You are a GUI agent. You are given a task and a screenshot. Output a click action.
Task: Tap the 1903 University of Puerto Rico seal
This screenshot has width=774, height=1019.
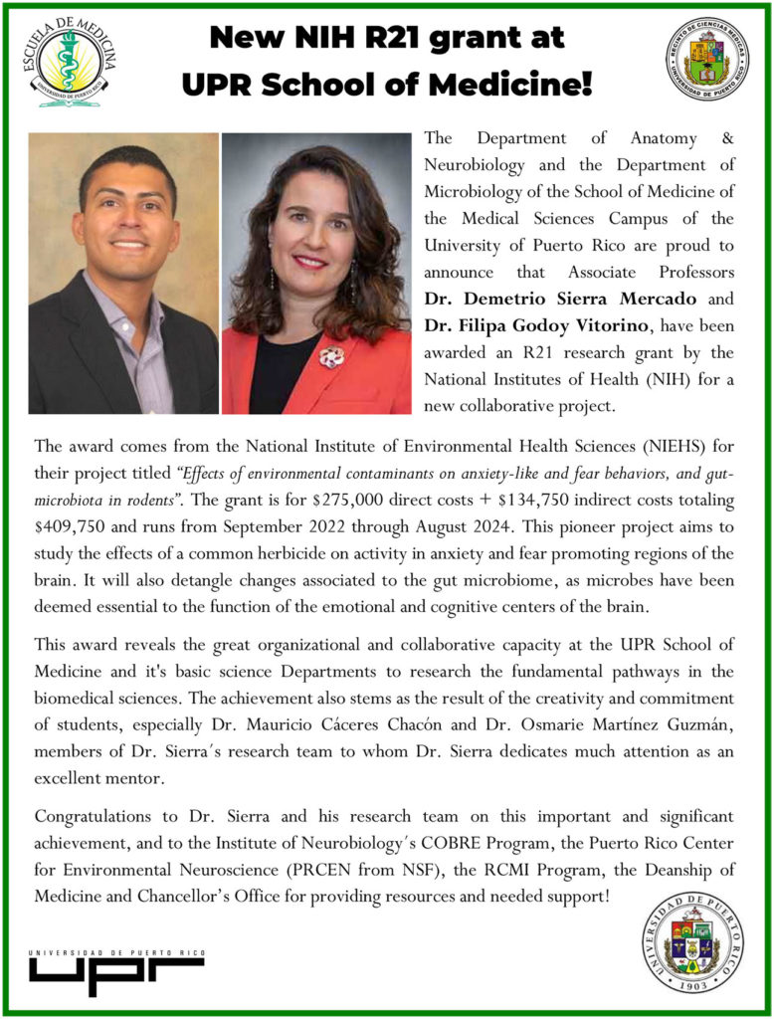click(x=691, y=940)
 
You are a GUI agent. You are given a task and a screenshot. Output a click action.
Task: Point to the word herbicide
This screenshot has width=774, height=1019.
click(x=320, y=552)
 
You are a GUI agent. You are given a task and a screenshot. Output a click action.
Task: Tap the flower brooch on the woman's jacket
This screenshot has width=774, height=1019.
click(x=332, y=356)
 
